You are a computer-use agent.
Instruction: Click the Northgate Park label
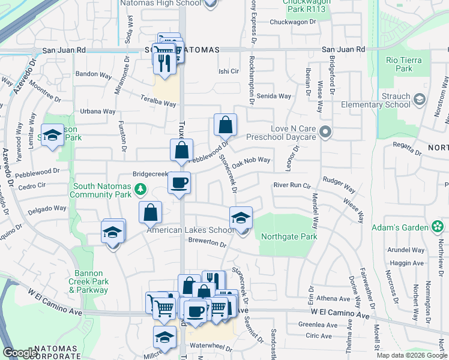point(289,236)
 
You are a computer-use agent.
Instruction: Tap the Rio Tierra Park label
point(404,64)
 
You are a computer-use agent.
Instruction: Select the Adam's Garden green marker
point(438,227)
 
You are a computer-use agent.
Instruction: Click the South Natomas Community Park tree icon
point(140,190)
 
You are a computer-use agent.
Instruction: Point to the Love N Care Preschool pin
point(325,131)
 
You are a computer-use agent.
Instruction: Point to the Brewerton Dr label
point(206,244)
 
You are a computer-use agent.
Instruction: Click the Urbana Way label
point(98,111)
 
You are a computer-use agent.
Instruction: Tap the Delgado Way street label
point(48,210)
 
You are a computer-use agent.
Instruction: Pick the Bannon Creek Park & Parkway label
point(88,285)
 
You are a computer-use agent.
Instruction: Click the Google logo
point(20,353)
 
